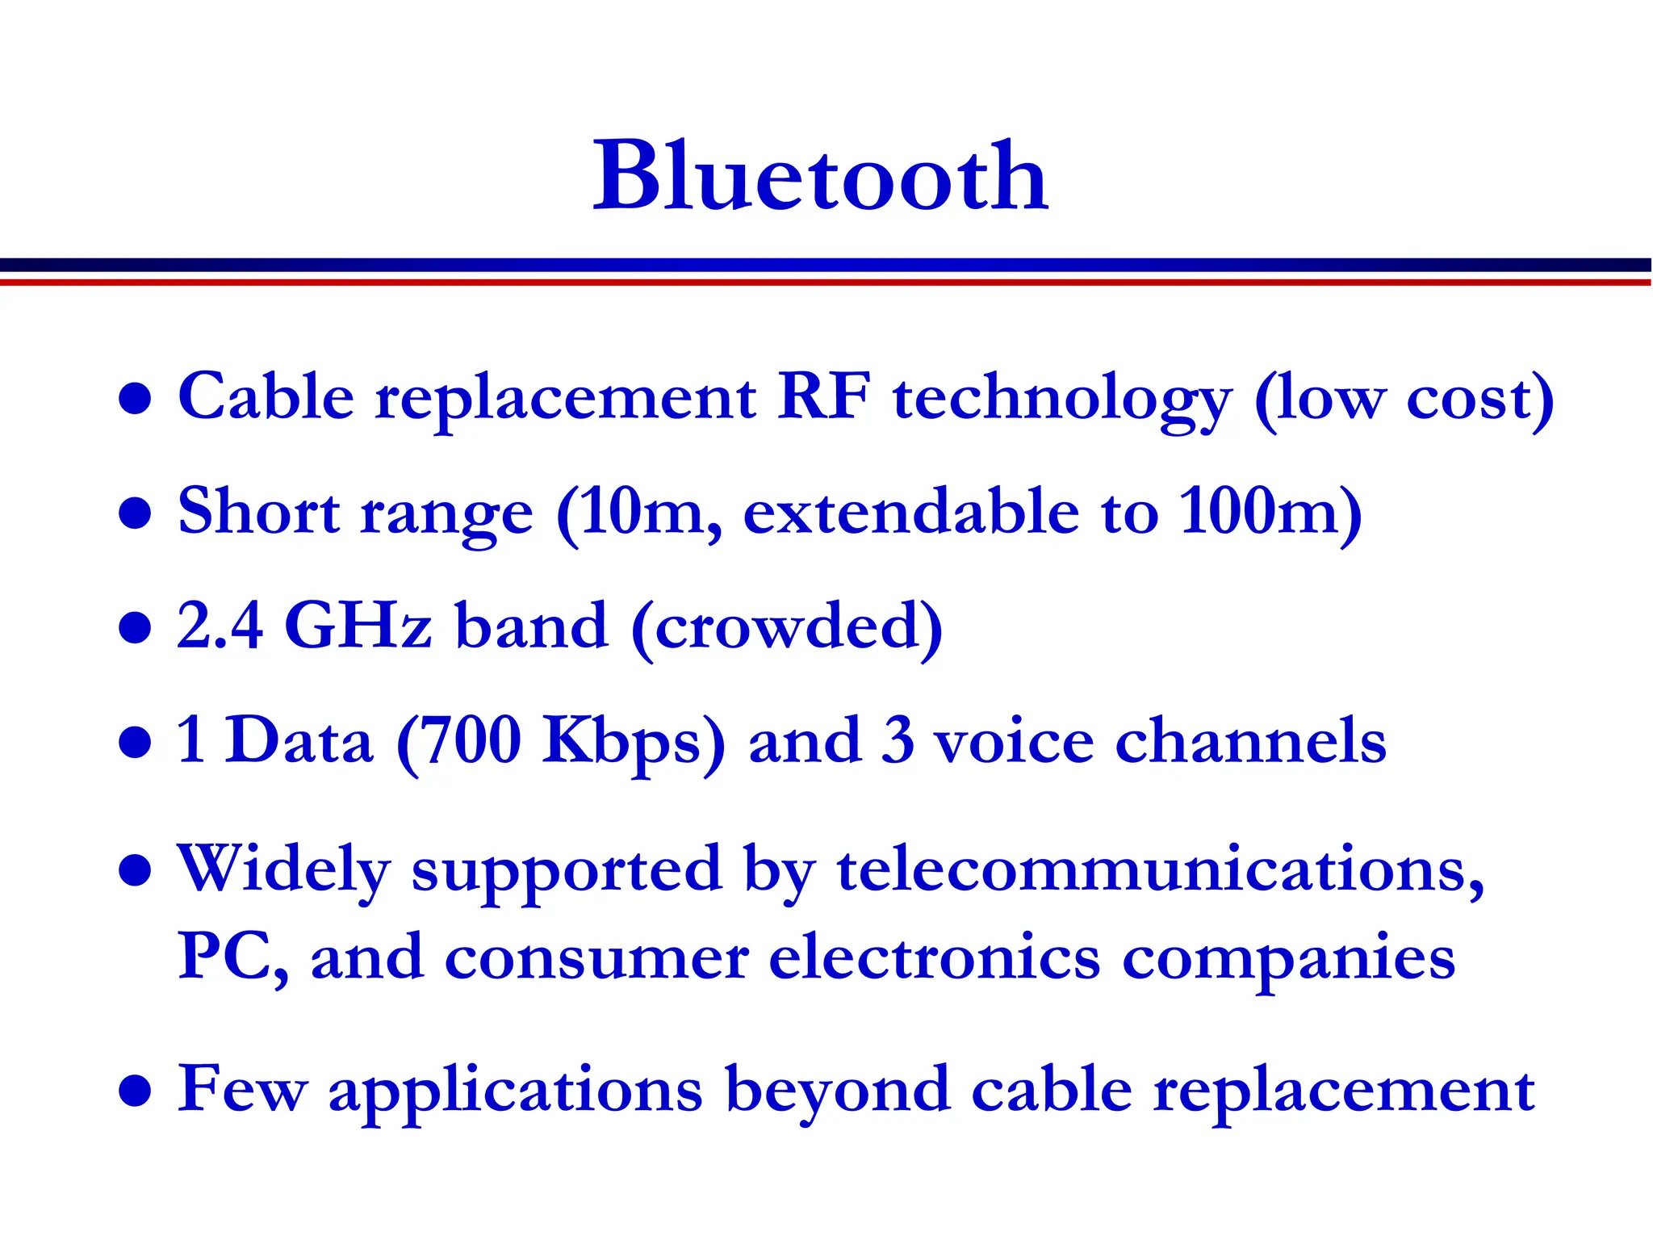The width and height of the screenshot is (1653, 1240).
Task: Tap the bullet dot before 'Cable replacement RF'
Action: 135,398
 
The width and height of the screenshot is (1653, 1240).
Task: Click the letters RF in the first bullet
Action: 823,396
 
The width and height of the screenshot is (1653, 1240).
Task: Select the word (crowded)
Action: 787,628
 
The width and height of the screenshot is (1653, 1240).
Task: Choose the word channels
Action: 1250,741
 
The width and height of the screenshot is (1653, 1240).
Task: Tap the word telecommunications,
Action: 1161,870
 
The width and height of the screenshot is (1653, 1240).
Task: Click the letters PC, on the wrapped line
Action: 232,957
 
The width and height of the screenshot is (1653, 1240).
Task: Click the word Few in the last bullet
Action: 242,1089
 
